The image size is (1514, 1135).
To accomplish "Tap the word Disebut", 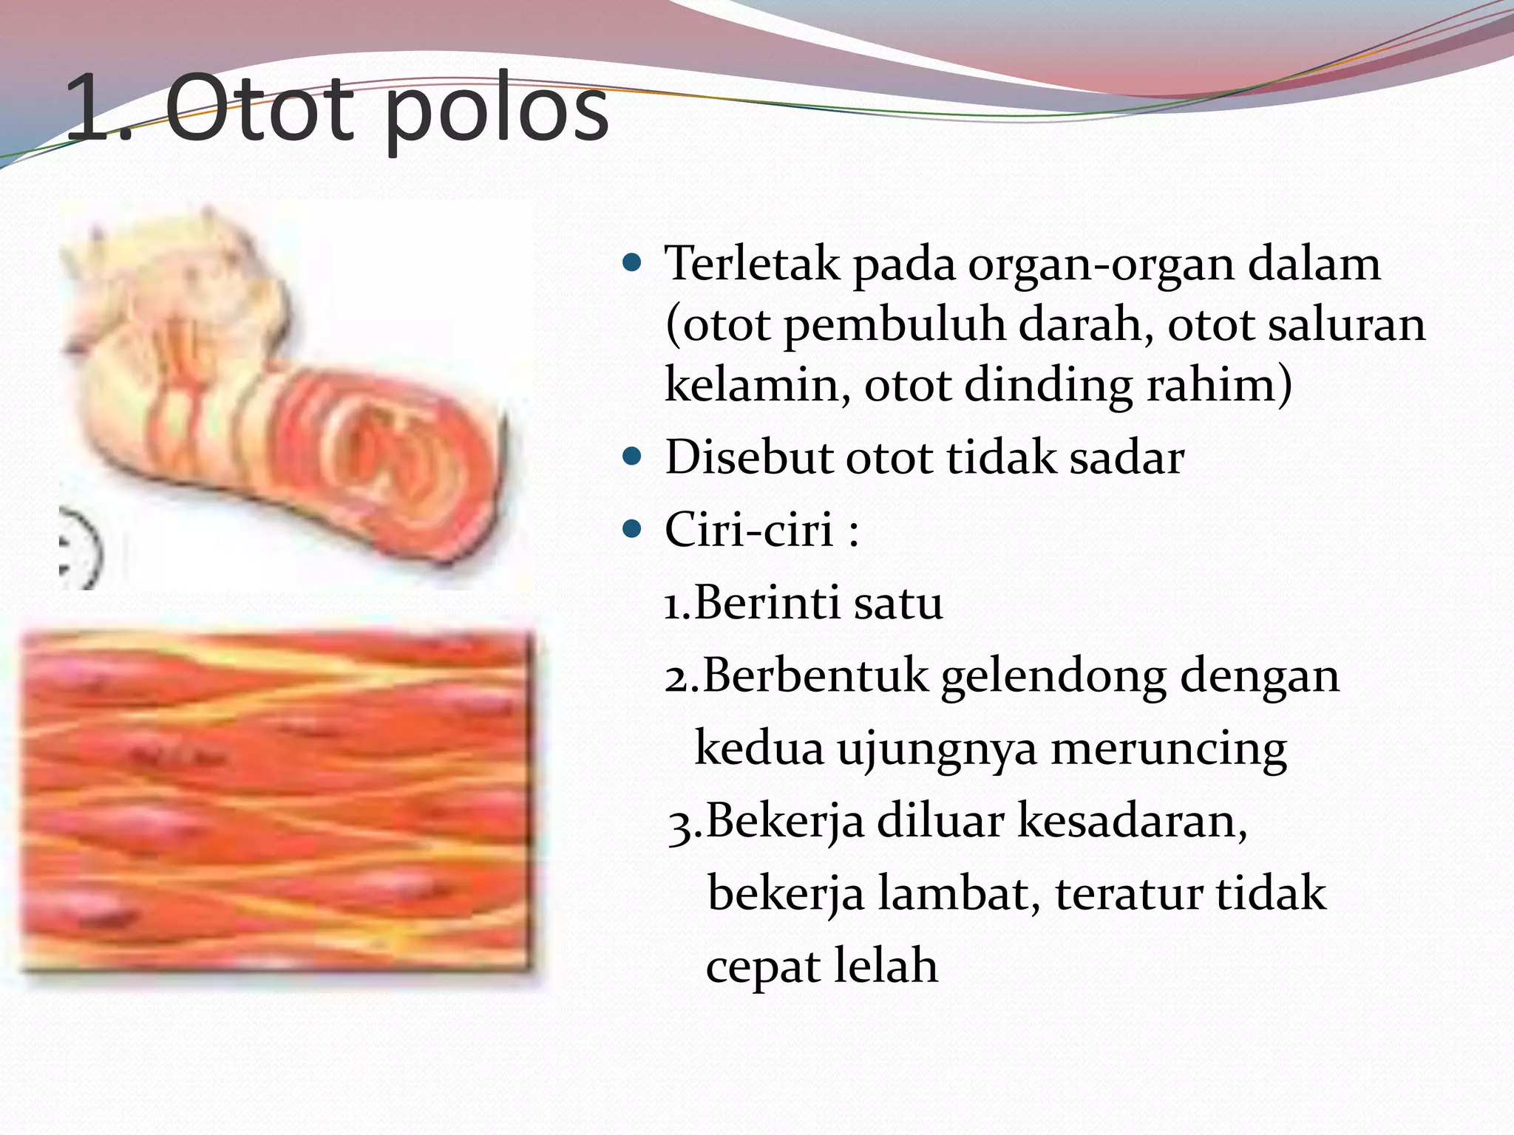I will [x=749, y=457].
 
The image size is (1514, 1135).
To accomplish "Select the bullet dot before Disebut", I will [x=632, y=457].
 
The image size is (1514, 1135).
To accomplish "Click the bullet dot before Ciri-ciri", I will [x=632, y=529].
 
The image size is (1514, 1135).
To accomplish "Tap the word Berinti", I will [x=767, y=603].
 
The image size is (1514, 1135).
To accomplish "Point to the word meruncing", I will [x=1168, y=749].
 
